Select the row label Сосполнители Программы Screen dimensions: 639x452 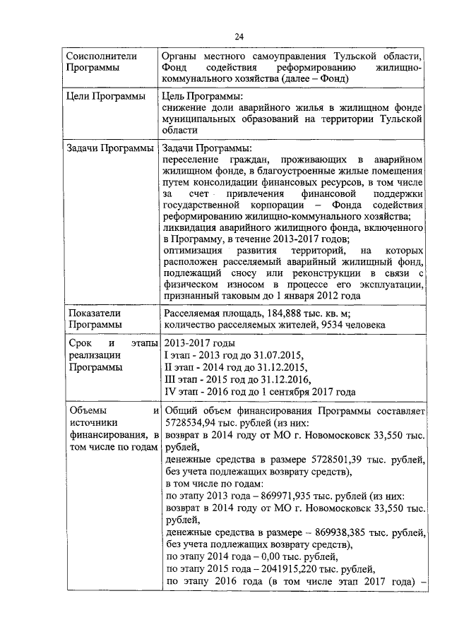pos(93,61)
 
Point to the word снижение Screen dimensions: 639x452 pos(186,107)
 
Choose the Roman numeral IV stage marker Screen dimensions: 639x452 pos(170,391)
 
